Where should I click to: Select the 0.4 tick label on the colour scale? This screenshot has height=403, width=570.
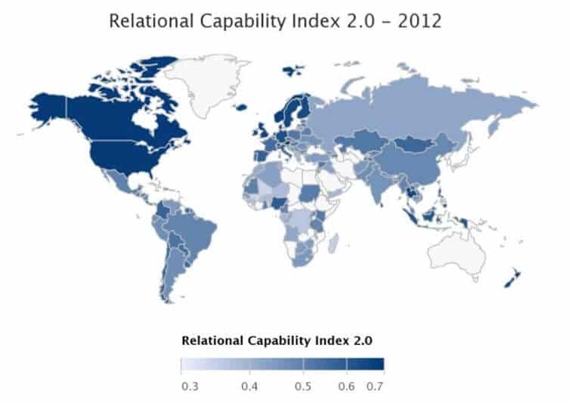point(249,386)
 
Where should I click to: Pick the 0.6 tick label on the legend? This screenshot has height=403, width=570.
point(345,386)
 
